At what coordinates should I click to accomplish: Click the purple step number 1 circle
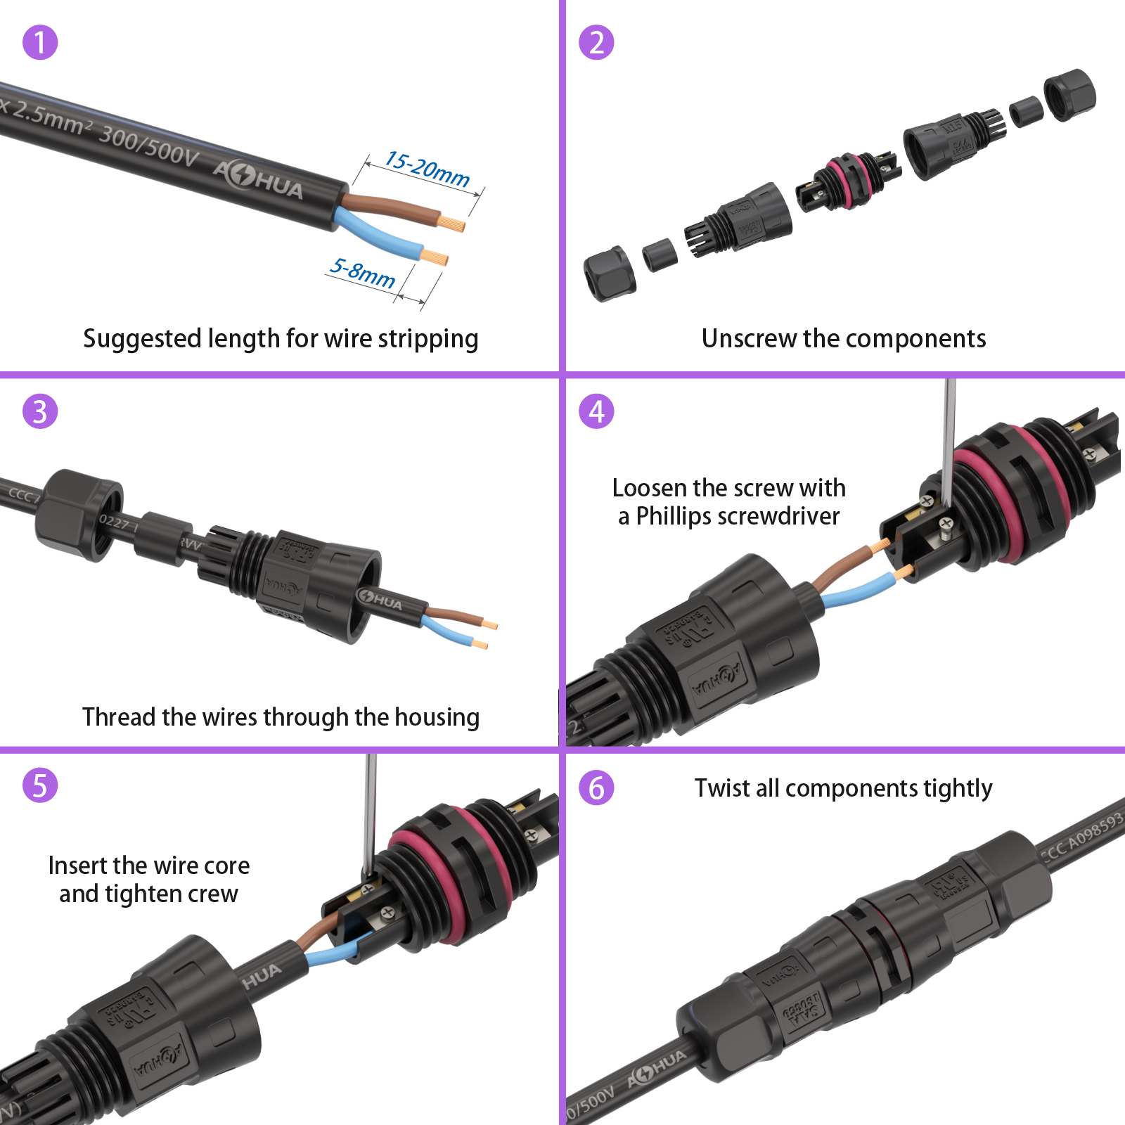click(40, 42)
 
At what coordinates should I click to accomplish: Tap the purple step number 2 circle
click(596, 42)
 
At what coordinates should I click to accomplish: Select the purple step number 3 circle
click(40, 411)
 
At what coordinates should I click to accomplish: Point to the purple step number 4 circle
click(596, 411)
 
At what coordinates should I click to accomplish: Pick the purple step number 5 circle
click(40, 785)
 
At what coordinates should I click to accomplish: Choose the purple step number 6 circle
click(596, 787)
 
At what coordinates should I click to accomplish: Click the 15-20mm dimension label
click(427, 169)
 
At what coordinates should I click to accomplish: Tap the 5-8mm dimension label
click(363, 273)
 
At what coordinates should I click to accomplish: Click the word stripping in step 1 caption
click(428, 339)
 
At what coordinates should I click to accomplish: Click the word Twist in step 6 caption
click(721, 788)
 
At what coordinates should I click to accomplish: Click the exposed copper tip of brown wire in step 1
click(454, 224)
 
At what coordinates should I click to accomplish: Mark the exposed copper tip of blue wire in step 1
click(435, 257)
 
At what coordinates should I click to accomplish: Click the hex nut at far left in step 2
click(610, 274)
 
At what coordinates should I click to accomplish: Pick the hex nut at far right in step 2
click(1069, 94)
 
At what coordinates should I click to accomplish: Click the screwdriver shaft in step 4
click(949, 436)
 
